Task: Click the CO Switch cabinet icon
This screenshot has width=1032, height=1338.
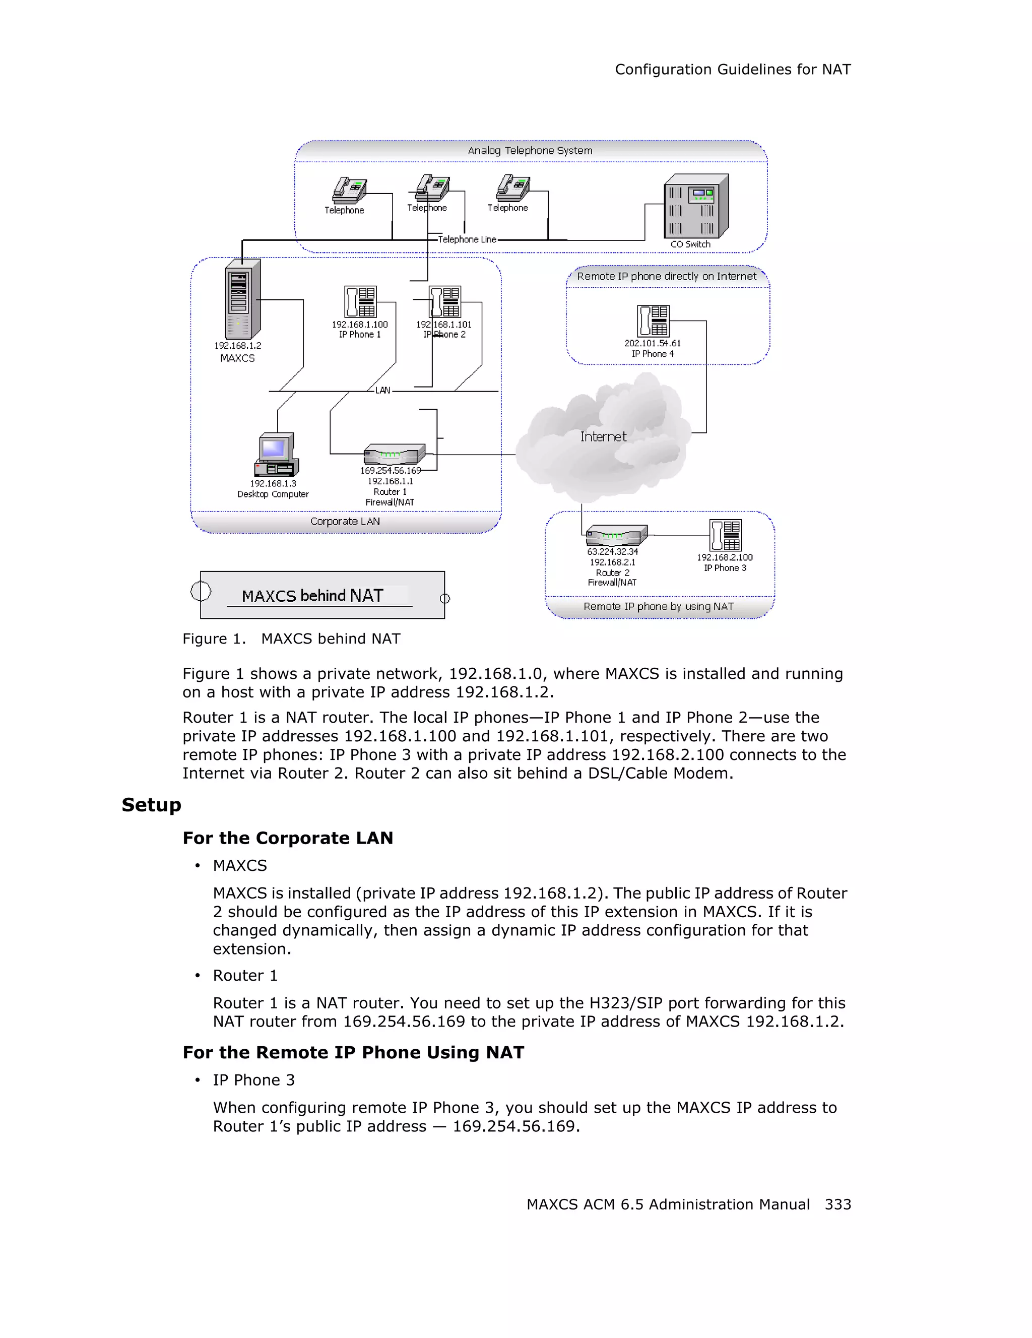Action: (x=696, y=207)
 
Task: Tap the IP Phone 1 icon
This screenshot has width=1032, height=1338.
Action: (x=360, y=302)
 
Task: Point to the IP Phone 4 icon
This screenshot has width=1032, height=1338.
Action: (x=653, y=321)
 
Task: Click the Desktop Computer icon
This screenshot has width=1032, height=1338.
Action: (x=276, y=455)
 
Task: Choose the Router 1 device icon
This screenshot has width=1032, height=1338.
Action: (x=394, y=455)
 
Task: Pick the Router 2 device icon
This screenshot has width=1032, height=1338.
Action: (x=616, y=535)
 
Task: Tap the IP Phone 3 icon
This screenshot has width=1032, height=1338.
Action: (x=725, y=535)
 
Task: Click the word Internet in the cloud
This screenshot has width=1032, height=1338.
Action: (x=603, y=437)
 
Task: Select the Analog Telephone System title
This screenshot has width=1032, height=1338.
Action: (x=530, y=151)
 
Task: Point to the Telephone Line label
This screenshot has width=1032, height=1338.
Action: (x=467, y=239)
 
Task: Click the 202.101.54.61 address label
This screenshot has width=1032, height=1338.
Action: (x=652, y=344)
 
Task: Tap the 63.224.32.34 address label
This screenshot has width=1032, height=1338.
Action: (x=612, y=552)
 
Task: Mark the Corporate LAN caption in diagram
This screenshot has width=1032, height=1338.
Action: (x=345, y=522)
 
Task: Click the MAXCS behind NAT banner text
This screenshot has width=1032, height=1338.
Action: (x=312, y=596)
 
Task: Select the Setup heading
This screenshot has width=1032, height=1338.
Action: (x=151, y=805)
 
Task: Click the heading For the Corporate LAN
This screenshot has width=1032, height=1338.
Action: (x=288, y=838)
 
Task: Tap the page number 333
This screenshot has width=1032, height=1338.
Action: (x=838, y=1204)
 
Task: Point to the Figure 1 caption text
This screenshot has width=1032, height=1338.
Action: (x=292, y=639)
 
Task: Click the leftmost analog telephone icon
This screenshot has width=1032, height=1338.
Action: (x=349, y=190)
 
